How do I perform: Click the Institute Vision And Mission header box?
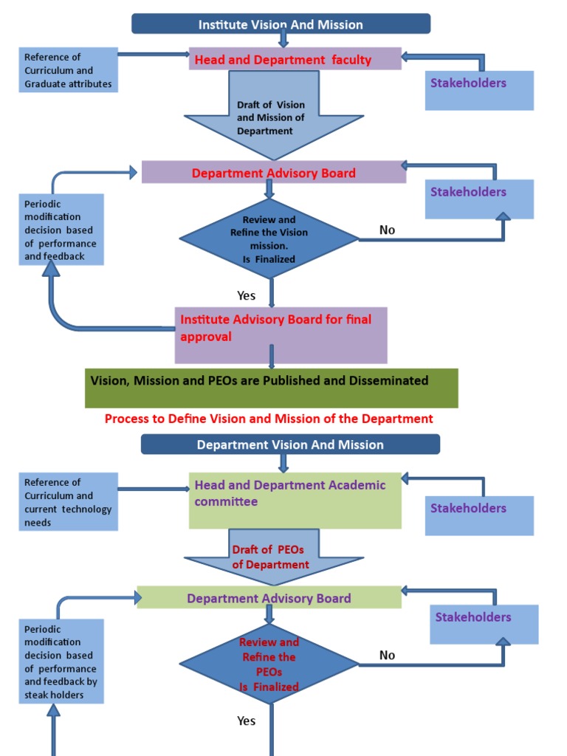coord(281,24)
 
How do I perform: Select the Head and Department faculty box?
coord(295,60)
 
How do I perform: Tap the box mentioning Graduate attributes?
coord(69,70)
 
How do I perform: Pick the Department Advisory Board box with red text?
coord(273,173)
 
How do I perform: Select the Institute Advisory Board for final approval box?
coord(281,335)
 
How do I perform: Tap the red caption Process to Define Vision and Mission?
coord(269,419)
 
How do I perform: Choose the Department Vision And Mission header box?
coord(290,444)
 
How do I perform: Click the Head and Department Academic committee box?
coord(295,501)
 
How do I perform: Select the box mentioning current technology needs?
coord(69,502)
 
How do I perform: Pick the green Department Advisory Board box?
coord(269,598)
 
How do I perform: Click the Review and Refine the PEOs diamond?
coord(269,664)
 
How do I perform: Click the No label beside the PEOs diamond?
coord(387,656)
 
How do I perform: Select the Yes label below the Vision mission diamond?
coord(247,295)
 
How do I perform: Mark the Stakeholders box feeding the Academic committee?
coord(479,515)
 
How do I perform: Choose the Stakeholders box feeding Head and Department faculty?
coord(479,90)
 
